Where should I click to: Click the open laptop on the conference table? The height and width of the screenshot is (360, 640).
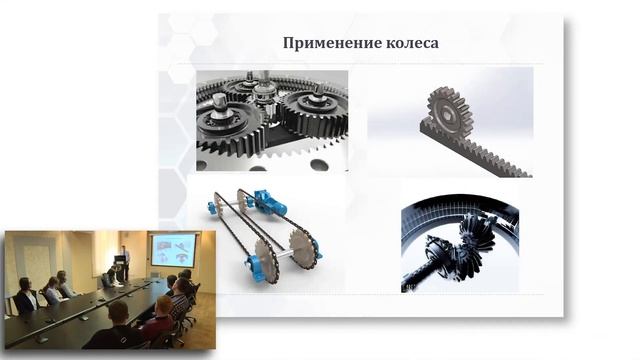point(106,281)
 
